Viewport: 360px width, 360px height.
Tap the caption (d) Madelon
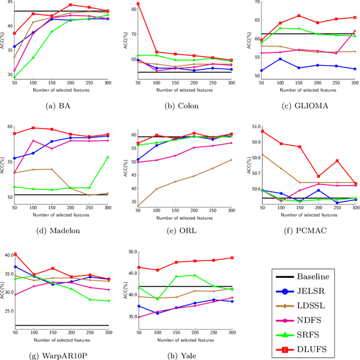(x=61, y=230)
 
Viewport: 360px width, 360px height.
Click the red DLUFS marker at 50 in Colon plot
(x=138, y=4)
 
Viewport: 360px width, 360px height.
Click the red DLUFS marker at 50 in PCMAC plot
(x=262, y=131)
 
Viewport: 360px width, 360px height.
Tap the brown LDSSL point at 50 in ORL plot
(x=138, y=206)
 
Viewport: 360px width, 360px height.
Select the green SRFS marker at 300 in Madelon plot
(x=108, y=157)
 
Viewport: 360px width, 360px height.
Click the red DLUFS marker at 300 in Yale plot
(x=232, y=258)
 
